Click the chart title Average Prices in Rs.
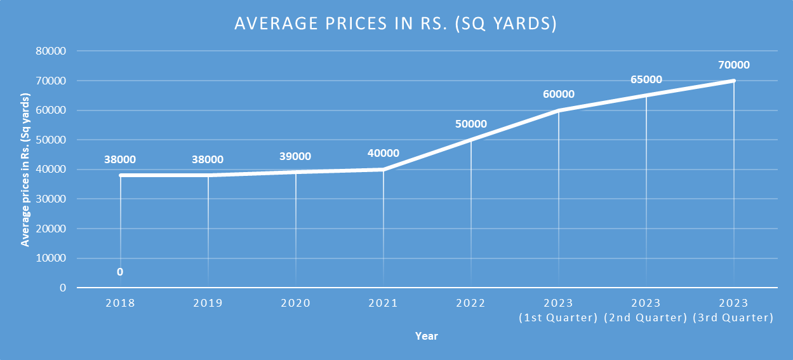click(396, 23)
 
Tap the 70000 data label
click(734, 65)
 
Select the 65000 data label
click(646, 80)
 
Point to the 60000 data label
click(559, 95)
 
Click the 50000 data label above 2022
click(471, 124)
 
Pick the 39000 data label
click(295, 156)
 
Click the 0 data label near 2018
click(120, 272)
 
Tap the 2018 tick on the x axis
click(120, 303)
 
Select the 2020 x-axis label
click(295, 303)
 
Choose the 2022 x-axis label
click(471, 303)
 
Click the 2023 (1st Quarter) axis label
click(559, 310)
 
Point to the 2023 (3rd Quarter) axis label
click(734, 310)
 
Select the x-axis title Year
click(427, 337)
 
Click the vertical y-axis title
click(25, 170)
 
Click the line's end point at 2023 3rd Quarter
click(734, 81)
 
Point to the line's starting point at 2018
click(120, 175)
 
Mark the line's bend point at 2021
click(383, 170)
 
